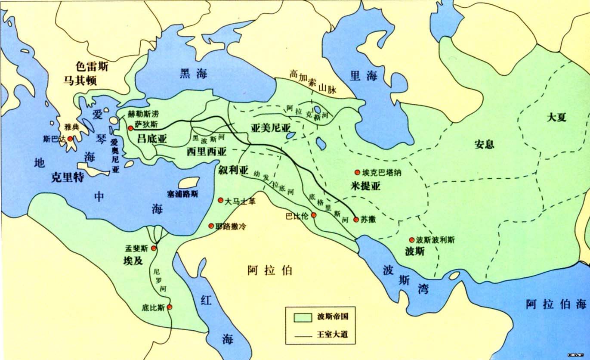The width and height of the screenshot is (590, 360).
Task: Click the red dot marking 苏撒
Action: (x=356, y=220)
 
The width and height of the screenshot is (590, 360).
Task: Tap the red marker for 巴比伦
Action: (x=314, y=215)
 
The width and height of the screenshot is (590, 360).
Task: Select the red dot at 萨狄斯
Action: (x=130, y=128)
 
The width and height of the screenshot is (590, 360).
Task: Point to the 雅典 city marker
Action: (x=70, y=139)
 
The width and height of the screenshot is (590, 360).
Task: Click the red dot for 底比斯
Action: (x=170, y=307)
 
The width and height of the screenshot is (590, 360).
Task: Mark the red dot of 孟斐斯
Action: (x=154, y=248)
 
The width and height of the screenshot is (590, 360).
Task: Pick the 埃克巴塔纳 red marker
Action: (x=357, y=172)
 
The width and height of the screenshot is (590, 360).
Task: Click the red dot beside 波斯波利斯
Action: (x=411, y=240)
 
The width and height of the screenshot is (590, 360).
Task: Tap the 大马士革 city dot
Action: (x=221, y=200)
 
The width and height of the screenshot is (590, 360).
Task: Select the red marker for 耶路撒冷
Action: (x=211, y=226)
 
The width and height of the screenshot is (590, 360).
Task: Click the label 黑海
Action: (x=193, y=74)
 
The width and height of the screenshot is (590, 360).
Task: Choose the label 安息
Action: (x=484, y=144)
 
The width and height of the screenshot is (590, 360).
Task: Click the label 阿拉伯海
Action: (x=556, y=304)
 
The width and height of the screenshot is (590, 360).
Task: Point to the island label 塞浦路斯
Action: (x=183, y=194)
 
